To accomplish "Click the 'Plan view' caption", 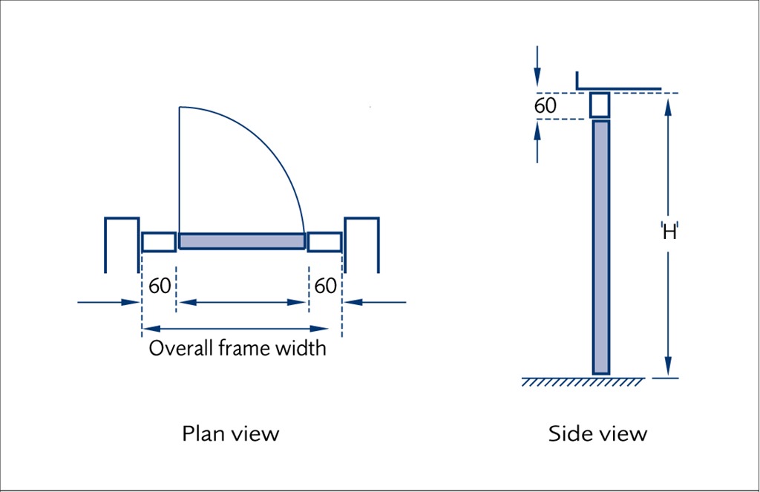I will coord(230,433).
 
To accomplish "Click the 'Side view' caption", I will coord(597,433).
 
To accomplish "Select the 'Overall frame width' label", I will coord(237,348).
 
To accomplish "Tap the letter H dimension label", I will coord(669,232).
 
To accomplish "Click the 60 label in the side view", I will coord(545,106).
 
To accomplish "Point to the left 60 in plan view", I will coord(160,286).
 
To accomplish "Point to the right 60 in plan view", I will coord(325,286).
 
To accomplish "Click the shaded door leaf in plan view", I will coord(242,241).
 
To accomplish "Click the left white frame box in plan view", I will coord(159,242).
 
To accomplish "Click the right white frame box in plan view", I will coord(324,242).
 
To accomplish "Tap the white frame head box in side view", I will coord(600,105).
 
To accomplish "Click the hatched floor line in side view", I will coord(583,381).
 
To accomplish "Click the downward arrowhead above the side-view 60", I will coord(537,79).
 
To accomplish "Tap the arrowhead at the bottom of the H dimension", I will coord(668,368).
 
